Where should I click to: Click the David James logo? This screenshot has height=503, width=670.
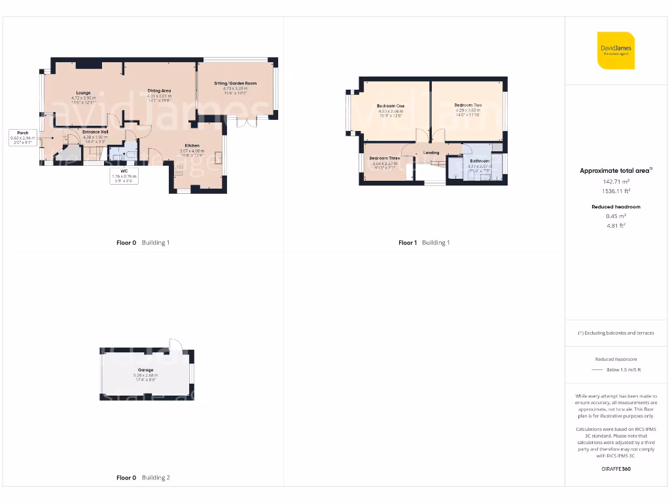[x=616, y=50]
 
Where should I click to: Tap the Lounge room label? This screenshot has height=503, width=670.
[x=83, y=93]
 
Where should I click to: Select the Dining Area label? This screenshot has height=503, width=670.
[x=159, y=90]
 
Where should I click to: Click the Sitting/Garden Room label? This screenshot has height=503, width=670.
[x=236, y=84]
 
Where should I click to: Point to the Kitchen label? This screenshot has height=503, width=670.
[x=192, y=145]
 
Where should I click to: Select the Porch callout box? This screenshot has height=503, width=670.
[x=22, y=136]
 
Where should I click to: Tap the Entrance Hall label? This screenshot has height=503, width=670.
[x=95, y=132]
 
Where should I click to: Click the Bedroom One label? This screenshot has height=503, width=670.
[x=391, y=106]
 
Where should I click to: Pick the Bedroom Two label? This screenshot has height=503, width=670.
[x=468, y=105]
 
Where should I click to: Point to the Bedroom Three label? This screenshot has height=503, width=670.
[x=385, y=158]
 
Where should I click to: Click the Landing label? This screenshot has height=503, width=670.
[x=431, y=153]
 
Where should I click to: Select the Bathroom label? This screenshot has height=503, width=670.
[x=479, y=160]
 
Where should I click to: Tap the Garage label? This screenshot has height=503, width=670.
[x=145, y=370]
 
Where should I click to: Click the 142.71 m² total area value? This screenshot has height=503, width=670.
[x=616, y=181]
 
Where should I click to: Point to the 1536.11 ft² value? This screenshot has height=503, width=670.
[x=616, y=191]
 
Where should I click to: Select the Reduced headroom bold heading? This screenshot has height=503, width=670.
[x=616, y=207]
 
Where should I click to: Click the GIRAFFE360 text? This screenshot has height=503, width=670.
[x=616, y=469]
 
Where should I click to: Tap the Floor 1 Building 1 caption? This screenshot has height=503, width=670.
[x=424, y=243]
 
